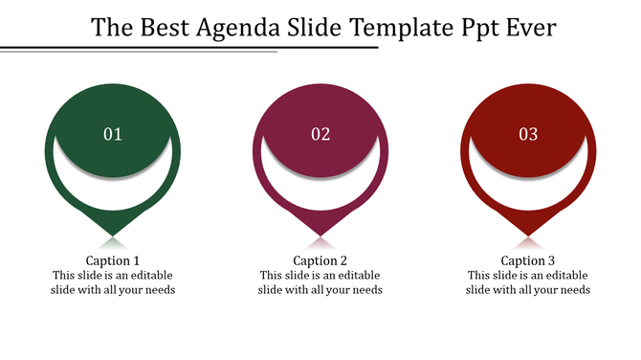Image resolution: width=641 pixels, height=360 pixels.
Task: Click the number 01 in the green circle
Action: click(x=113, y=134)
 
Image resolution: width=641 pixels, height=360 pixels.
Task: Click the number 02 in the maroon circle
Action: click(x=320, y=134)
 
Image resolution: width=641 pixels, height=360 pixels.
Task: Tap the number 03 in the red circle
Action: click(x=528, y=134)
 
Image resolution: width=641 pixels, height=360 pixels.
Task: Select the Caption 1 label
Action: click(x=113, y=260)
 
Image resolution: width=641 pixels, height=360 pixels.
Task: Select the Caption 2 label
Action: click(x=320, y=260)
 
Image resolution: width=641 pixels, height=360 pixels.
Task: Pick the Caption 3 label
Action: click(x=528, y=260)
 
